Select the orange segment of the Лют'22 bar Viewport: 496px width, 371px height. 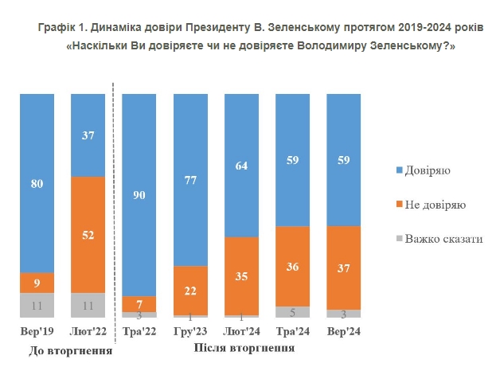click(x=88, y=234)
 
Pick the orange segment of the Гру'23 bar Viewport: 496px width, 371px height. click(x=190, y=290)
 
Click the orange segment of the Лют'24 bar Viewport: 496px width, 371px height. click(x=241, y=275)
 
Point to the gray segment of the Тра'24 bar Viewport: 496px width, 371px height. click(x=292, y=312)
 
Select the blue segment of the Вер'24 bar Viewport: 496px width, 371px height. click(x=343, y=159)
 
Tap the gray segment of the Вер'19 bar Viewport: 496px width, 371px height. click(x=37, y=305)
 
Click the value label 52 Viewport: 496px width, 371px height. click(x=88, y=235)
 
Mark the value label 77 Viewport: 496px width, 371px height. click(x=190, y=179)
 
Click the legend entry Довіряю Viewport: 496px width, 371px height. click(x=434, y=170)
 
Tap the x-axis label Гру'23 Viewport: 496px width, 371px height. click(x=190, y=330)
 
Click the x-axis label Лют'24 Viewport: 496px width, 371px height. click(x=241, y=330)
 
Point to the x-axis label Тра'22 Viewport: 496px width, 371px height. click(x=139, y=330)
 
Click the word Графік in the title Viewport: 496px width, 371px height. click(x=55, y=27)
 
